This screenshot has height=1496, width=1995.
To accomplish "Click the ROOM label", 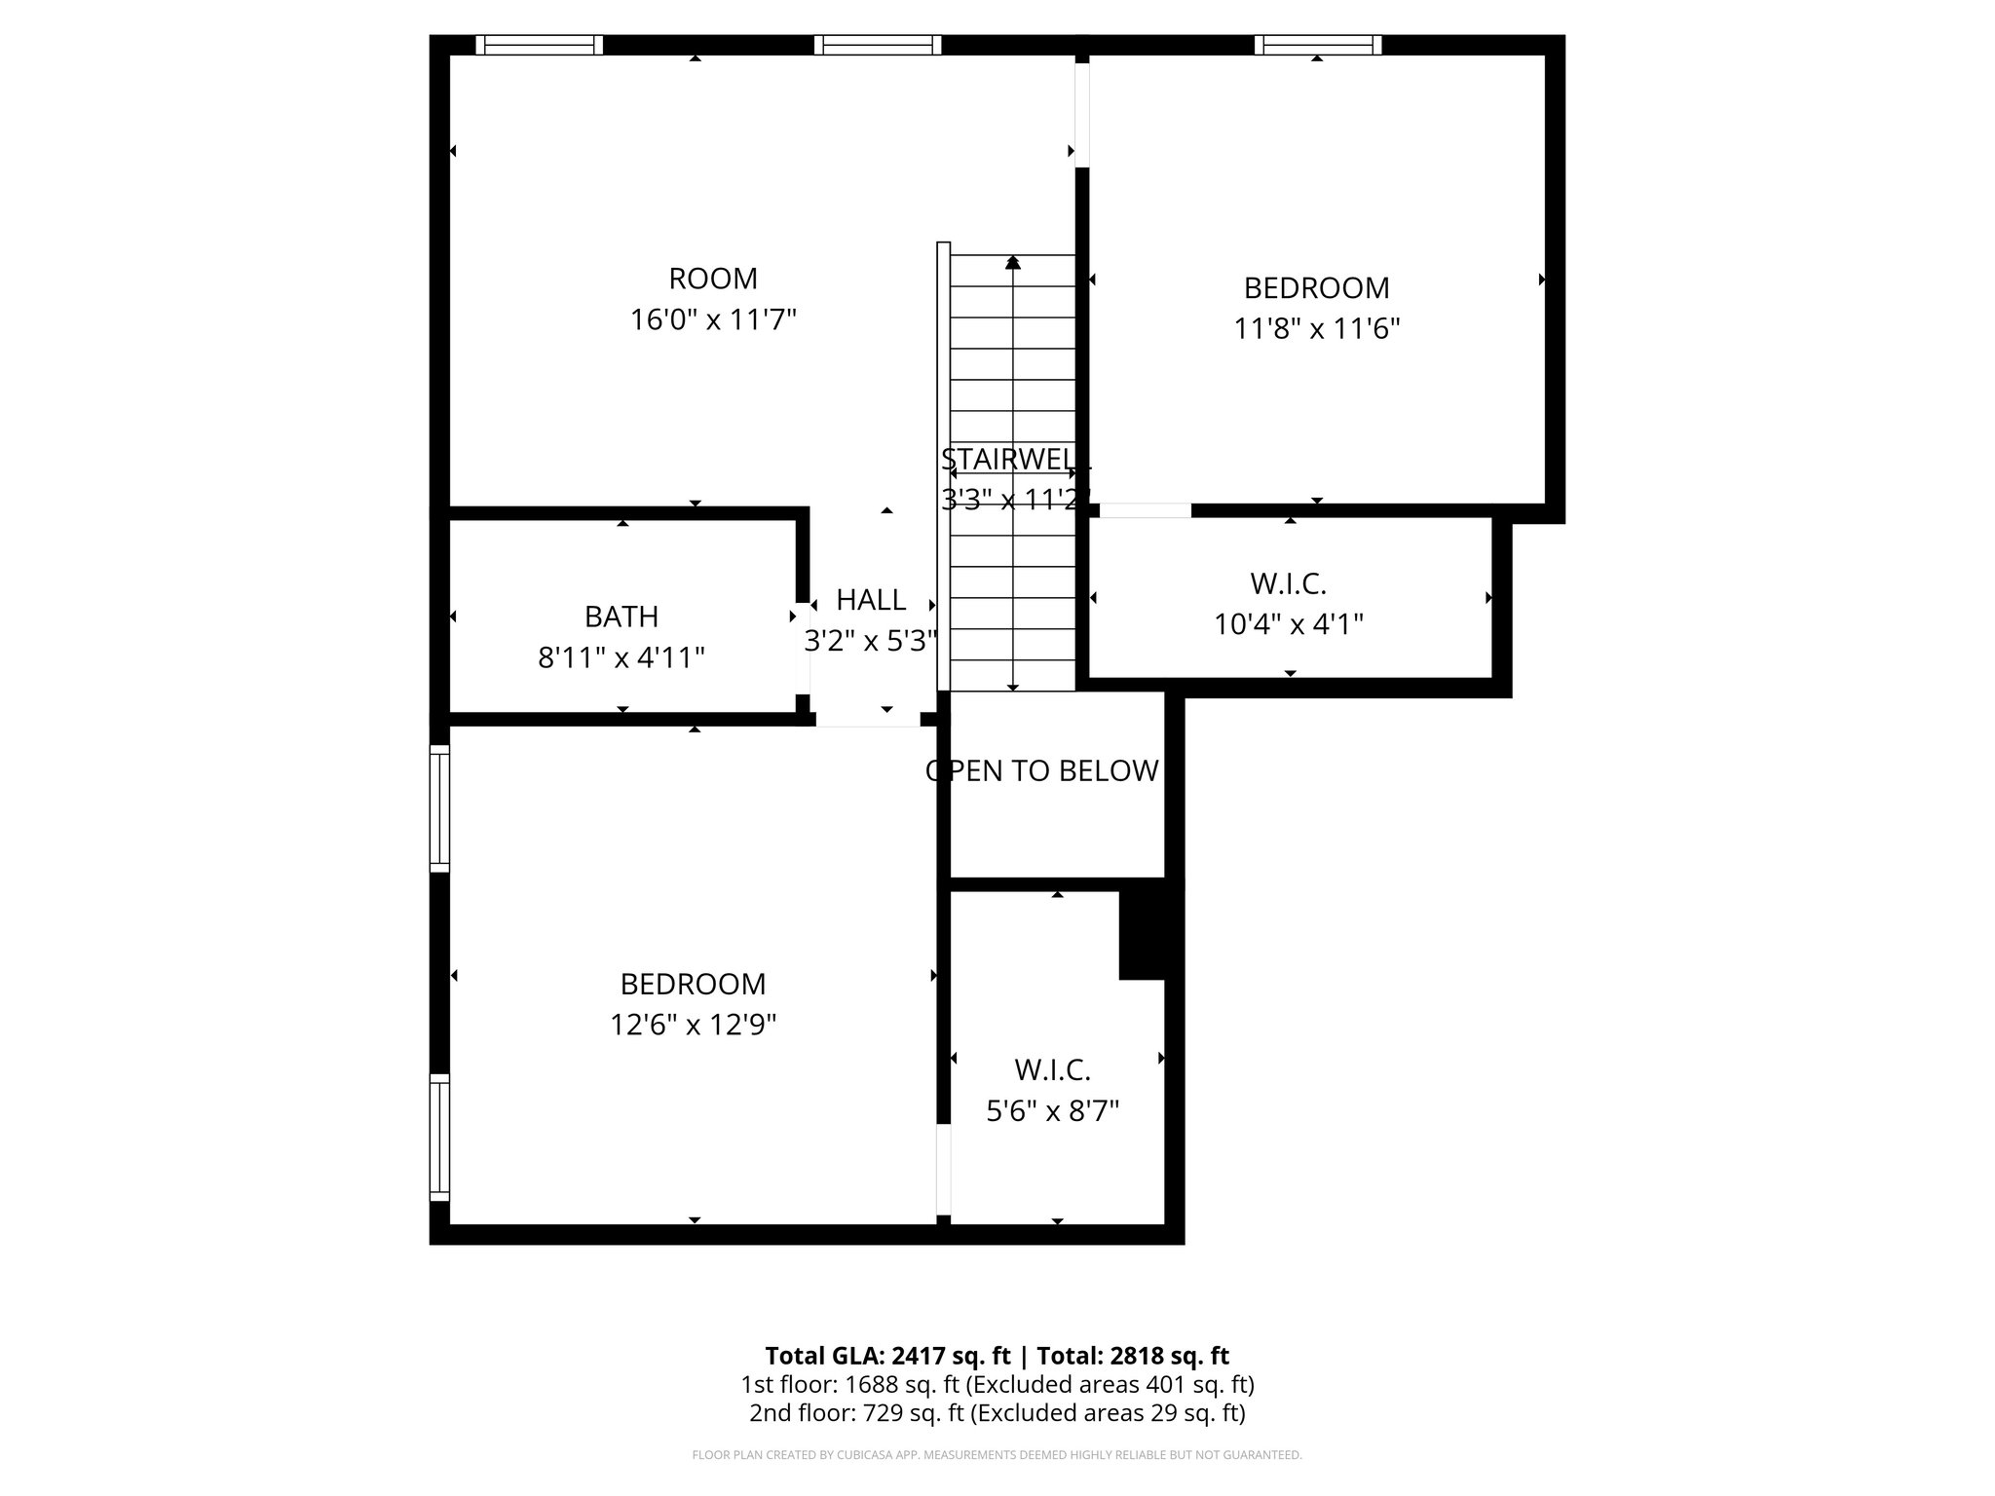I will pos(712,279).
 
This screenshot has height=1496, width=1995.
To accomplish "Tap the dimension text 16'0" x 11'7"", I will pos(712,319).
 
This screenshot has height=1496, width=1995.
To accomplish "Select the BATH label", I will pos(621,617).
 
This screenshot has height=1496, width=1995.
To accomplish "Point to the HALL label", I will pos(871,599).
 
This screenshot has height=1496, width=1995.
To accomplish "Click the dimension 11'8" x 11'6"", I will pos(1316,328).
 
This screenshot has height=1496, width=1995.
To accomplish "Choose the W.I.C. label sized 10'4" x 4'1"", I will pos(1288,583).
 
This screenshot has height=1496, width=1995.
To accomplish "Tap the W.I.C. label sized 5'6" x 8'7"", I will pos(1052,1069).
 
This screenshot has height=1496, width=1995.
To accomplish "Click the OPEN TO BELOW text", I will pos(1041,770).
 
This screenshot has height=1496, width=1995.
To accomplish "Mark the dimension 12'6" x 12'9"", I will pos(693,1025).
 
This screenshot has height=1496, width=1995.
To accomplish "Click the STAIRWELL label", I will pos(1013,459).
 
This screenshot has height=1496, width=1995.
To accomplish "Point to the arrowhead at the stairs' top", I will pos(1013,262).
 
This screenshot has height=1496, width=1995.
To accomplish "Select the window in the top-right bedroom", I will pos(1317,45).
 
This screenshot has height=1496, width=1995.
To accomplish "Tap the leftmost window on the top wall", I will pos(539,45).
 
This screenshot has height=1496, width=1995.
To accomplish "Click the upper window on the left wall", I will pos(440,807).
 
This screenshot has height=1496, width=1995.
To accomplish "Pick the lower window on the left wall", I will pos(440,1137).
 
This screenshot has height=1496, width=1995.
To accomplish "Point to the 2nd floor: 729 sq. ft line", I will pos(997,1413).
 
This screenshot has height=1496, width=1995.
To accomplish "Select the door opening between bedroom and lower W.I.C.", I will pos(942,1169).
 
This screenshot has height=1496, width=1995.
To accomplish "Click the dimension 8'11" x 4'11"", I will pos(621,658).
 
